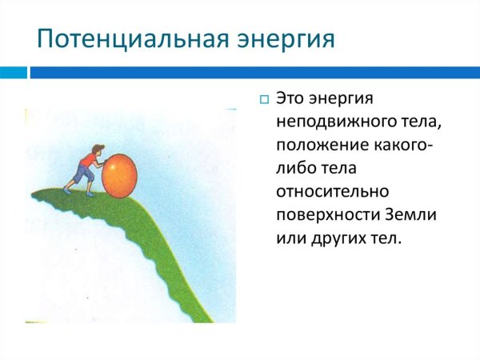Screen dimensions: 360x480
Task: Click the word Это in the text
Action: [290, 100]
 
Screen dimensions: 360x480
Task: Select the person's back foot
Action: [66, 191]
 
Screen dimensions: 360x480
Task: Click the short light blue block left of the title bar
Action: [12, 73]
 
